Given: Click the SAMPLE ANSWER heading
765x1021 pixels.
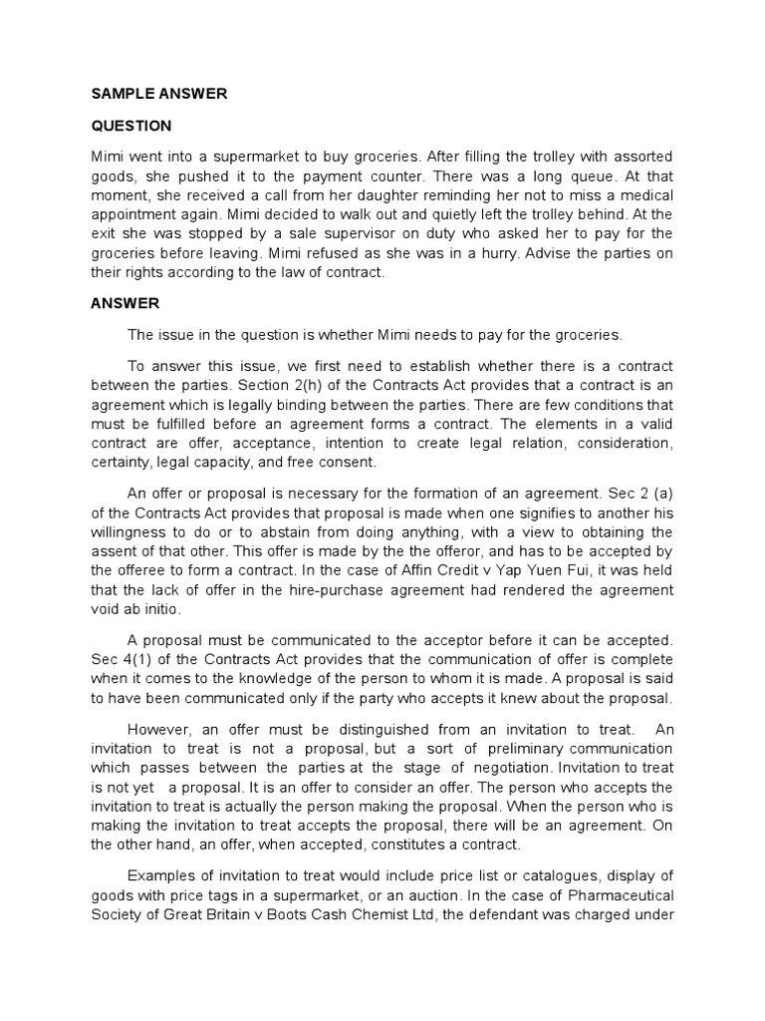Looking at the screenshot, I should coord(159,94).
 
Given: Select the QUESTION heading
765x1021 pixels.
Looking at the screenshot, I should coord(131,126).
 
